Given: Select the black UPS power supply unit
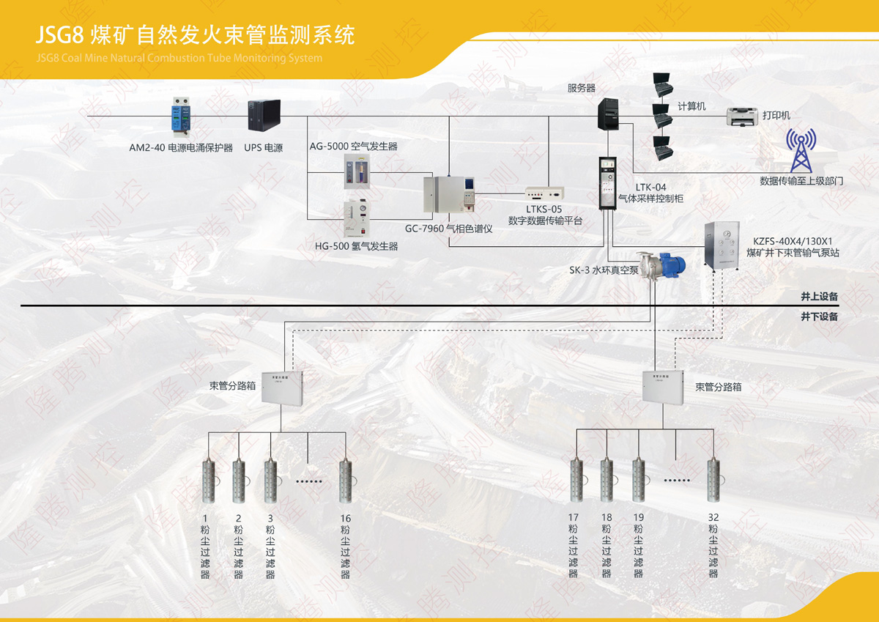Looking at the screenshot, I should (264, 117).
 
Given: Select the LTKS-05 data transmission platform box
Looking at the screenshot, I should (544, 194).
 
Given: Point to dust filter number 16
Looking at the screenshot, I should (344, 481).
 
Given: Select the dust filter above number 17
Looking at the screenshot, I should (576, 481).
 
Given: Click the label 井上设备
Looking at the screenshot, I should (819, 297).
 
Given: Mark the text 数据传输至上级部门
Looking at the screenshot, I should (801, 181).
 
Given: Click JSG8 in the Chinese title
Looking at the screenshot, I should (62, 34).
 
